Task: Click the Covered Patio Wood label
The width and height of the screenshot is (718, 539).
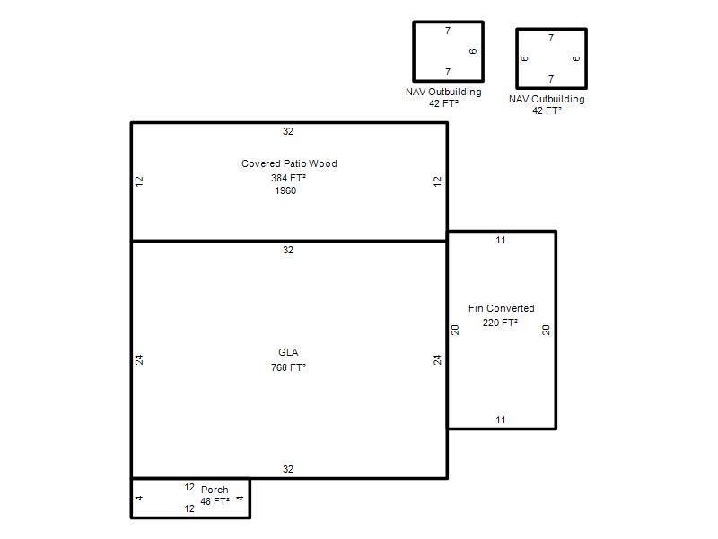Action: click(289, 163)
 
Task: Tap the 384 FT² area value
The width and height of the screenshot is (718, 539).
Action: click(288, 178)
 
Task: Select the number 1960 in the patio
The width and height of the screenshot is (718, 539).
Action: click(285, 190)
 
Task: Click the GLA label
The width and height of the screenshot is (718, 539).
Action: click(288, 352)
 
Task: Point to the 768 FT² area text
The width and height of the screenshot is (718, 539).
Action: click(288, 367)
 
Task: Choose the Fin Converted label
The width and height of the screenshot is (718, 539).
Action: click(502, 308)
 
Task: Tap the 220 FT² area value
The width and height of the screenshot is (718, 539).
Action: click(500, 323)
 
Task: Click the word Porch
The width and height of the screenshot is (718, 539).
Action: click(215, 490)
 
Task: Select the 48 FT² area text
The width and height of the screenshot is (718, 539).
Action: click(215, 501)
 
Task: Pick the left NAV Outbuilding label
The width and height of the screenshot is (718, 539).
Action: click(443, 93)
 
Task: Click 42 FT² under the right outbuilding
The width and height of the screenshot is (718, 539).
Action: click(547, 110)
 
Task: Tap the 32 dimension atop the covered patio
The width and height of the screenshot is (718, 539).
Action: click(287, 131)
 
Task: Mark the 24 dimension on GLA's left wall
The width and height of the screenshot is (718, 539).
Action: click(139, 360)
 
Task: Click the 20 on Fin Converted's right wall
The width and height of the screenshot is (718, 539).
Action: click(546, 330)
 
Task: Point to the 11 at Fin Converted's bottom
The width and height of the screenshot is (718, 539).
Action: click(501, 420)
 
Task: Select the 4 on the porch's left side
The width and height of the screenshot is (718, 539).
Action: click(139, 498)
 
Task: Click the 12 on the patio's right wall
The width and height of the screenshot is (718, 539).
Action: click(437, 181)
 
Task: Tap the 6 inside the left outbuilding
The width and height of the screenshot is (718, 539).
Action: click(473, 51)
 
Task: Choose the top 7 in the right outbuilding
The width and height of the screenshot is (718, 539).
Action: click(551, 38)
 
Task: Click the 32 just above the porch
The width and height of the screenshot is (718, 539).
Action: click(287, 469)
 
